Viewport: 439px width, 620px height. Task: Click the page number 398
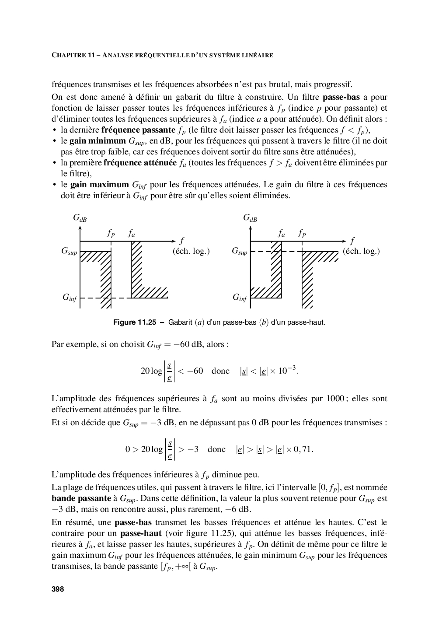click(x=58, y=589)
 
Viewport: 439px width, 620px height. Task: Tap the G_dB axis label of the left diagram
click(x=80, y=218)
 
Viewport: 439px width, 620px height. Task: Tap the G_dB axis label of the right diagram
click(x=250, y=218)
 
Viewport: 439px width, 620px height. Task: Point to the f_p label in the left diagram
click(x=111, y=234)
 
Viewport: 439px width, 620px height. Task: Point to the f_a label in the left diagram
click(x=131, y=234)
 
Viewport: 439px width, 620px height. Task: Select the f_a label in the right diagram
click(x=282, y=234)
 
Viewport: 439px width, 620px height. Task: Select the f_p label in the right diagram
click(x=302, y=234)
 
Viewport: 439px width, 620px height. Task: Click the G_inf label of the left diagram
click(x=70, y=298)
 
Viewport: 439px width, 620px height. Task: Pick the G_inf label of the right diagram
click(x=240, y=298)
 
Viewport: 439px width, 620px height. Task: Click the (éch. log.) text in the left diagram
click(x=191, y=251)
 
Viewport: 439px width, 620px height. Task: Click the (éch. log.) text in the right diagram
click(x=361, y=251)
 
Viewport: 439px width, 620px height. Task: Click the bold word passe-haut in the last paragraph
click(x=141, y=533)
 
